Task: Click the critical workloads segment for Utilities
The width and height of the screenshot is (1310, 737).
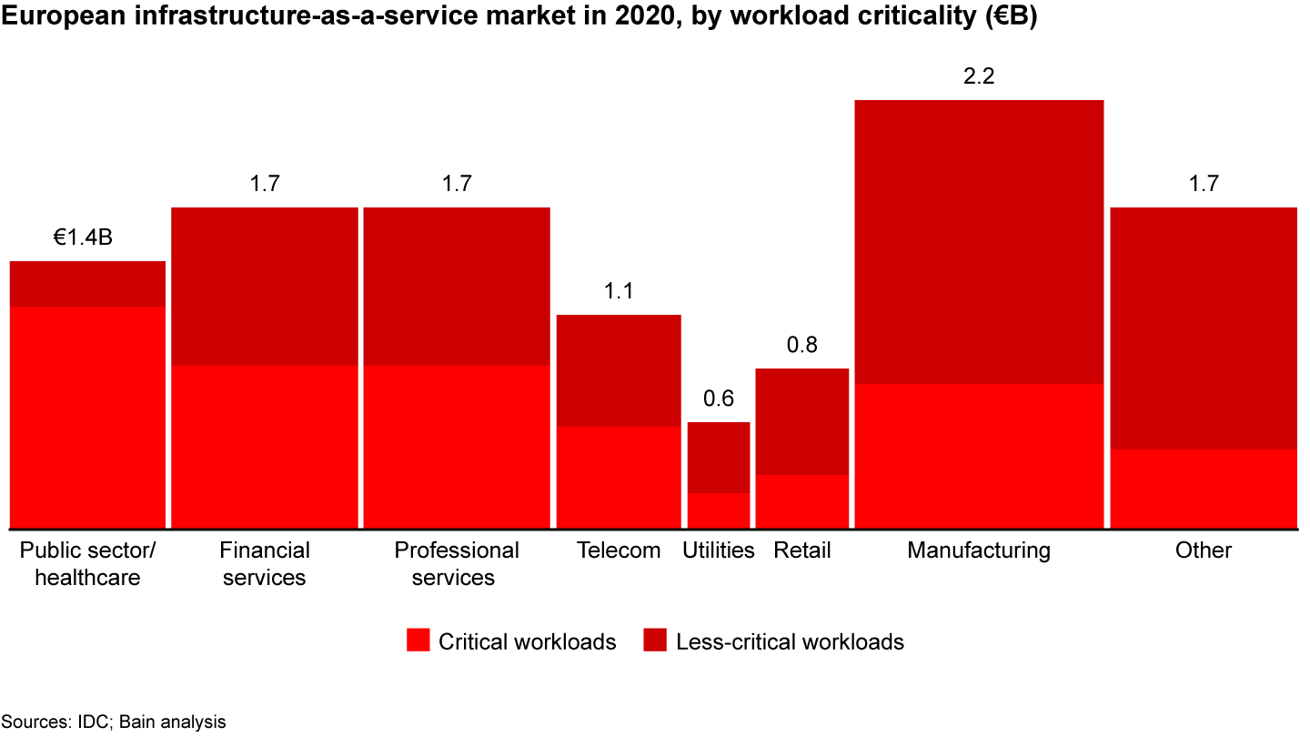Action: pos(718,510)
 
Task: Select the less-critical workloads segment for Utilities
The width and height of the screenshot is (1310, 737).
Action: pos(718,457)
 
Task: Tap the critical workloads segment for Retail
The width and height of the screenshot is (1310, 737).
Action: pos(801,500)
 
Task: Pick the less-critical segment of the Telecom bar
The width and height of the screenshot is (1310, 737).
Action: pos(619,369)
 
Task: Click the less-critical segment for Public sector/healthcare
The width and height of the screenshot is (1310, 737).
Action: pos(87,284)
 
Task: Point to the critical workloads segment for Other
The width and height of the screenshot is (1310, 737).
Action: pos(1203,488)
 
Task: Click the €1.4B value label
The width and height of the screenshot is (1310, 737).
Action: pos(83,238)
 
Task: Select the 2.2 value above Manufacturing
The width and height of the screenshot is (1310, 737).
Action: pos(979,76)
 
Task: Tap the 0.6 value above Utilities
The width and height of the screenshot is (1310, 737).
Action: pos(718,399)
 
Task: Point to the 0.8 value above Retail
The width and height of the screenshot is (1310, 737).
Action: pos(801,346)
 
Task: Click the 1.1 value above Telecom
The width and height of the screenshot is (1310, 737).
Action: pos(619,292)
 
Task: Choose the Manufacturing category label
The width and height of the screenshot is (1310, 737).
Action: pos(979,550)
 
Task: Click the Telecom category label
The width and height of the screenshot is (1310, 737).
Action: pos(619,550)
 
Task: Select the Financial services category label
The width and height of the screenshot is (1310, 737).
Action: pos(264,563)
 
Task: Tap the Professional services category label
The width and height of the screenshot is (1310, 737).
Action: pos(456,563)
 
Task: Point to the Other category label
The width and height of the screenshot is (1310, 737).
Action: pos(1203,550)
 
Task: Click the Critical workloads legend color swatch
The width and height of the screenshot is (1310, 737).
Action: pos(418,641)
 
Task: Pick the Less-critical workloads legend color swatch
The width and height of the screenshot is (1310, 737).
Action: pos(655,641)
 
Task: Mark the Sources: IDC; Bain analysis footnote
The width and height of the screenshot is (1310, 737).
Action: pos(113,722)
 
